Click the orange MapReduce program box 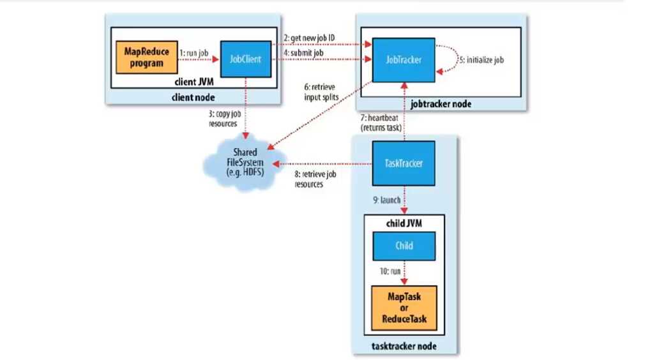tap(146, 57)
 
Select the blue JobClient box tap(246, 59)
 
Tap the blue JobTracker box tap(403, 59)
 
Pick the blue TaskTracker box tap(403, 163)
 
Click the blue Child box tap(403, 245)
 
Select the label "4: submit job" tap(305, 53)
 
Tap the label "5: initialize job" tap(481, 59)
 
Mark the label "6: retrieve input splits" tap(321, 92)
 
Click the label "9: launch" tap(384, 200)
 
